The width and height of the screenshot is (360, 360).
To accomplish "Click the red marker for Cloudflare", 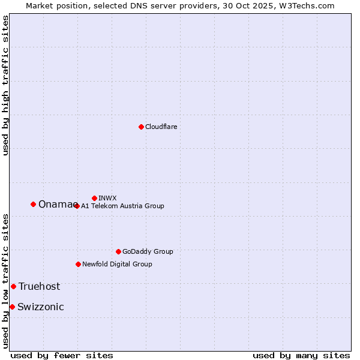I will [141, 127].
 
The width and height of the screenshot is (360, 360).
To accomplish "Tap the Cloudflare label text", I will [161, 127].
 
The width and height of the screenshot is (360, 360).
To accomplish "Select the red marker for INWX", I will [94, 198].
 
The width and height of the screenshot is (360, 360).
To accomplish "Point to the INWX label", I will [107, 198].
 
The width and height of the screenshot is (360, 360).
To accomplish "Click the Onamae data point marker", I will [33, 204].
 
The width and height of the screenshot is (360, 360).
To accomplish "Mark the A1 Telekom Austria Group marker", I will [77, 206].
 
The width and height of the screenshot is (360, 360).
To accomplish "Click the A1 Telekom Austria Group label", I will [122, 206].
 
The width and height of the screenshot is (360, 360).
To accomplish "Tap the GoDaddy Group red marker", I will [118, 251].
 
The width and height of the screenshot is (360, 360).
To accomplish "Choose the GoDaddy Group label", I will [148, 251].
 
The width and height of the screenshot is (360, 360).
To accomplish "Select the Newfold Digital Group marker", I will [78, 264].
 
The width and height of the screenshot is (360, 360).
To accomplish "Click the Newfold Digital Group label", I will [117, 264].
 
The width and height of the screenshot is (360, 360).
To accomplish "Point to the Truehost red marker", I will [13, 286].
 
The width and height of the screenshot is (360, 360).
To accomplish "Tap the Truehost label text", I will [39, 287].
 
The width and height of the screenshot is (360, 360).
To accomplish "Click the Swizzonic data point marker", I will [12, 307].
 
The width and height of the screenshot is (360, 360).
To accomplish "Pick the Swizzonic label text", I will [40, 307].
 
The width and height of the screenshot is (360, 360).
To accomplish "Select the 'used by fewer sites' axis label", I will [62, 355].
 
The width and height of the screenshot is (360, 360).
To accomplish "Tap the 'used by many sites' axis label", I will [301, 355].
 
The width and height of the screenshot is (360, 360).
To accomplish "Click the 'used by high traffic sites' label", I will [6, 85].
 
